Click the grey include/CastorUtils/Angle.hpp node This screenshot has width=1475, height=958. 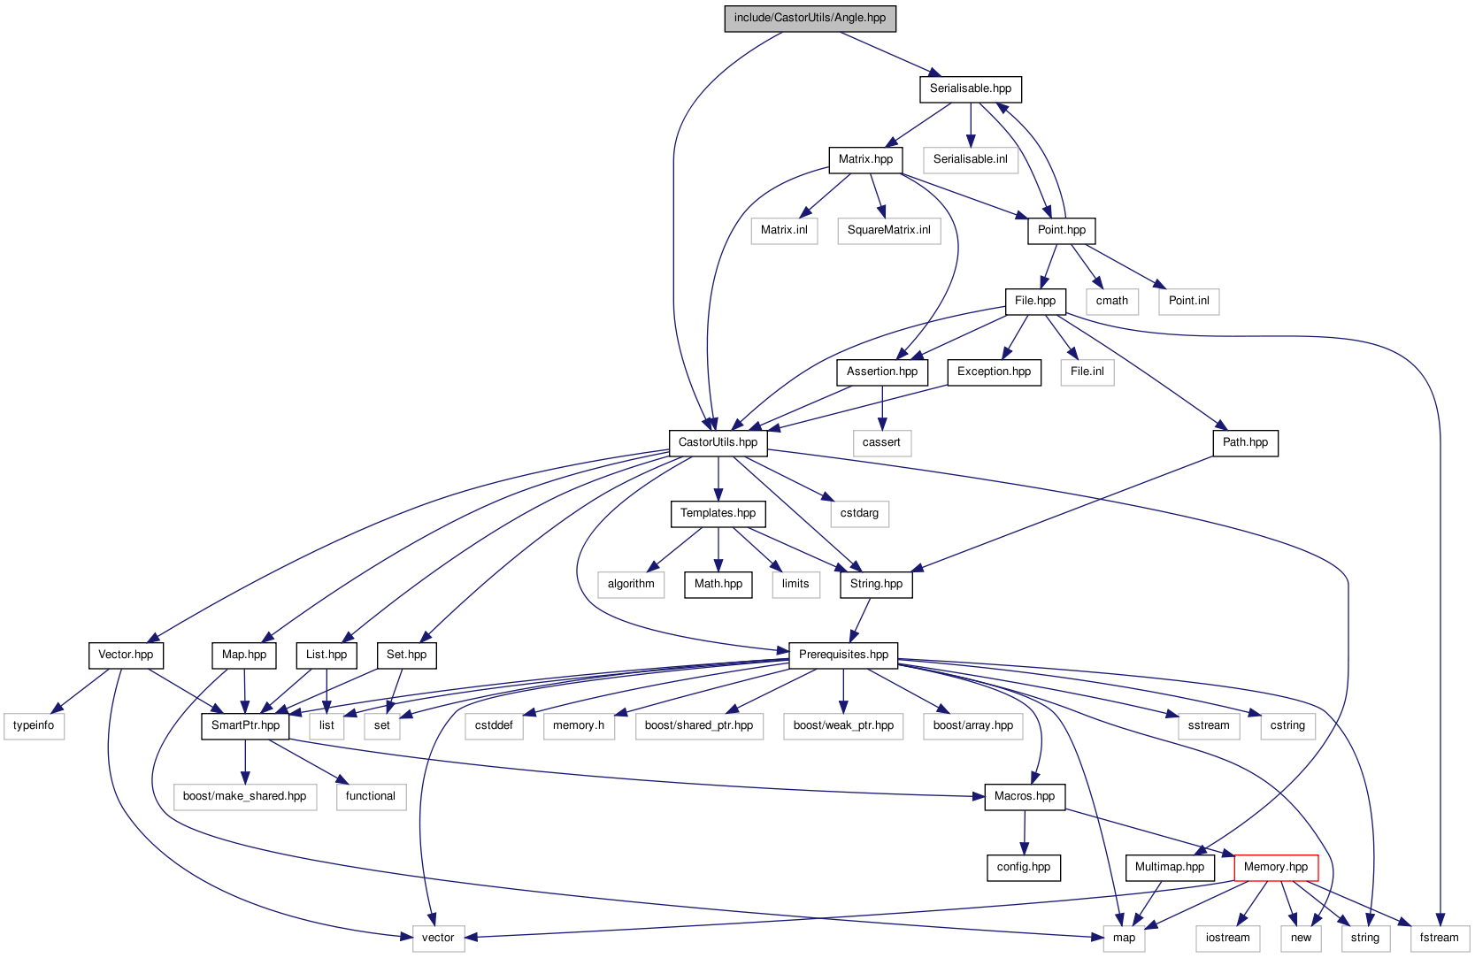pos(810,18)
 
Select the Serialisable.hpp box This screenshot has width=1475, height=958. pos(971,88)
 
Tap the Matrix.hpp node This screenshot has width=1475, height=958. pos(865,159)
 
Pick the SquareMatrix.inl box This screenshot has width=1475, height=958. pos(888,230)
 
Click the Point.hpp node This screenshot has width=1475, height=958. pos(1062,230)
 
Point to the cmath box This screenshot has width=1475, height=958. pos(1111,301)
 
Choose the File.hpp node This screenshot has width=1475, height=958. pos(1035,301)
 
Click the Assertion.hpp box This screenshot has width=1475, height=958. pos(882,372)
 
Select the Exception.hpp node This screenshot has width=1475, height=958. pos(994,372)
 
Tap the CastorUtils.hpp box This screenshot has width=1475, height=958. pos(718,442)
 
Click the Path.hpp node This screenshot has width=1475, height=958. pos(1245,442)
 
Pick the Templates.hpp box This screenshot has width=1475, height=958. pos(718,513)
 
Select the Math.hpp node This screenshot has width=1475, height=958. pos(718,584)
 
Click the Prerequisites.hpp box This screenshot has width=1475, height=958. pos(843,655)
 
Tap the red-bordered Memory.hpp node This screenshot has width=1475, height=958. pos(1276,867)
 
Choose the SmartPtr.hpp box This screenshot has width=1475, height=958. pos(245,725)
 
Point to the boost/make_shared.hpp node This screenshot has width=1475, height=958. pos(244,796)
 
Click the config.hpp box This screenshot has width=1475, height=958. pos(1024,867)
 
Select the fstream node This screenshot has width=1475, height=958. pos(1439,938)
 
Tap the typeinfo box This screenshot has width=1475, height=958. pos(34,725)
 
